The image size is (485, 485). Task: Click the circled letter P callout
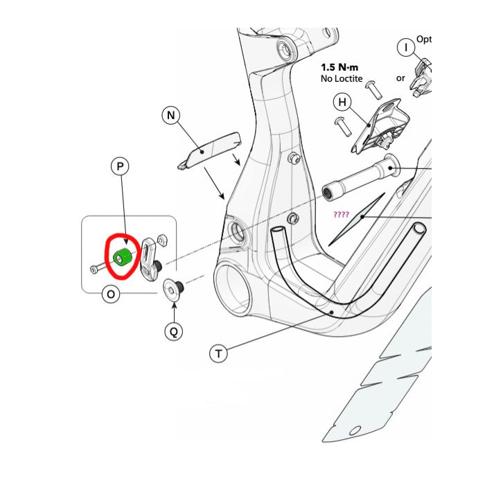pyautogui.click(x=120, y=166)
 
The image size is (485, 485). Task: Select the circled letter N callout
pyautogui.click(x=171, y=115)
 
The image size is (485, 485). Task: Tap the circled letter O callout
pyautogui.click(x=111, y=294)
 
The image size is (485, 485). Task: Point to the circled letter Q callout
pyautogui.click(x=174, y=332)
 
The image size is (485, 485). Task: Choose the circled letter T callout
pyautogui.click(x=218, y=353)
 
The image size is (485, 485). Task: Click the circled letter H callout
pyautogui.click(x=342, y=102)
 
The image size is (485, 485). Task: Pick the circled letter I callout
pyautogui.click(x=406, y=47)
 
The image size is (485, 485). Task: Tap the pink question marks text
pyautogui.click(x=341, y=214)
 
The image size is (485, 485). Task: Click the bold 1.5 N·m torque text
pyautogui.click(x=339, y=67)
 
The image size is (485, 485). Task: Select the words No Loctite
pyautogui.click(x=342, y=78)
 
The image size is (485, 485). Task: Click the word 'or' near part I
pyautogui.click(x=400, y=78)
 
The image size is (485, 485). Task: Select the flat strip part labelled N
pyautogui.click(x=209, y=150)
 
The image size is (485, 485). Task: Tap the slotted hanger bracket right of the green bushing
pyautogui.click(x=150, y=259)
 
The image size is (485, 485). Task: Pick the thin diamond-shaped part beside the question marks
pyautogui.click(x=357, y=220)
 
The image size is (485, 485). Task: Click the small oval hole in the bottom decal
pyautogui.click(x=355, y=430)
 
